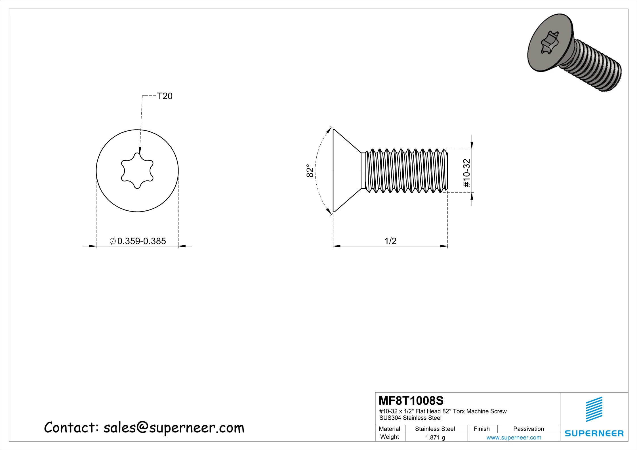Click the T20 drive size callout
pyautogui.click(x=165, y=96)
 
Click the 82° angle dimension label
pyautogui.click(x=310, y=171)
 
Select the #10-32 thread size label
pyautogui.click(x=467, y=173)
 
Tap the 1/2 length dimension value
pyautogui.click(x=390, y=241)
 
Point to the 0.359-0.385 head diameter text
pyautogui.click(x=141, y=241)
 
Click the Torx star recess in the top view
pyautogui.click(x=137, y=171)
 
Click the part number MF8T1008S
pyautogui.click(x=411, y=401)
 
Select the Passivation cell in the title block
pyautogui.click(x=528, y=429)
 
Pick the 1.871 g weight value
pyautogui.click(x=435, y=437)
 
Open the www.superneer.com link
pyautogui.click(x=514, y=437)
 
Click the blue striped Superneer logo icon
pyautogui.click(x=594, y=409)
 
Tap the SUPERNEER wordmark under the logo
pyautogui.click(x=594, y=433)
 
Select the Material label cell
pyautogui.click(x=389, y=429)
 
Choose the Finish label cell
pyautogui.click(x=482, y=429)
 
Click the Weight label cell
pyautogui.click(x=389, y=437)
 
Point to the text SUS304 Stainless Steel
pyautogui.click(x=410, y=418)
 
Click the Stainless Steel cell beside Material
pyautogui.click(x=435, y=429)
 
